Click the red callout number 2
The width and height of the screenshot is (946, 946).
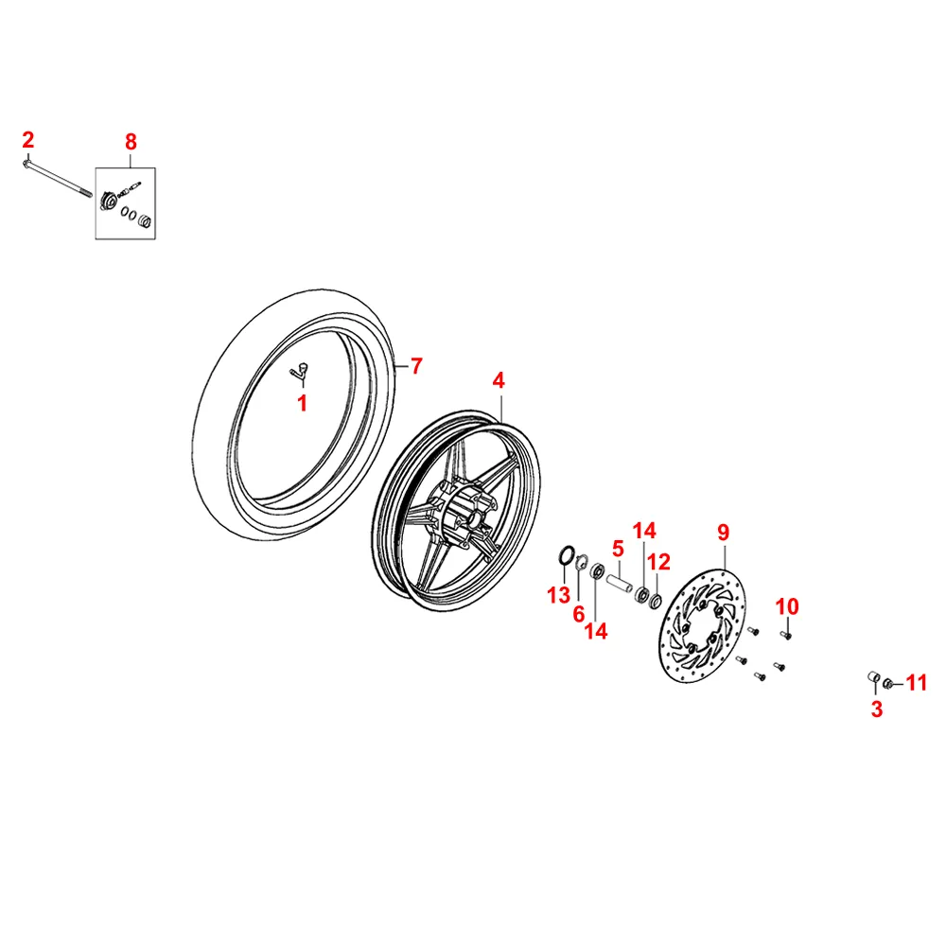pos(28,141)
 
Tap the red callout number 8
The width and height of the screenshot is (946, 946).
pos(131,142)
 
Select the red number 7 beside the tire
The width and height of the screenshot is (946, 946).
pos(416,366)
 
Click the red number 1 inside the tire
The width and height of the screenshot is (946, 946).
pos(303,405)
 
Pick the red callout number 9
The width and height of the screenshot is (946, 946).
pos(723,532)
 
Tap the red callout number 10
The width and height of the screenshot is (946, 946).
pos(787,606)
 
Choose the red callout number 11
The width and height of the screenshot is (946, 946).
pos(917,682)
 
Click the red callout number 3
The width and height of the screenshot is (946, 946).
pos(877,709)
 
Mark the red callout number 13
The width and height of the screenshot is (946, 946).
pos(558,595)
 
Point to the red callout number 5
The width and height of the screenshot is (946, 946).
pos(618,548)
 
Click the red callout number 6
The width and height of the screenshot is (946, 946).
pos(579,614)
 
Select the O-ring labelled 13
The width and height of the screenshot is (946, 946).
pos(565,556)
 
